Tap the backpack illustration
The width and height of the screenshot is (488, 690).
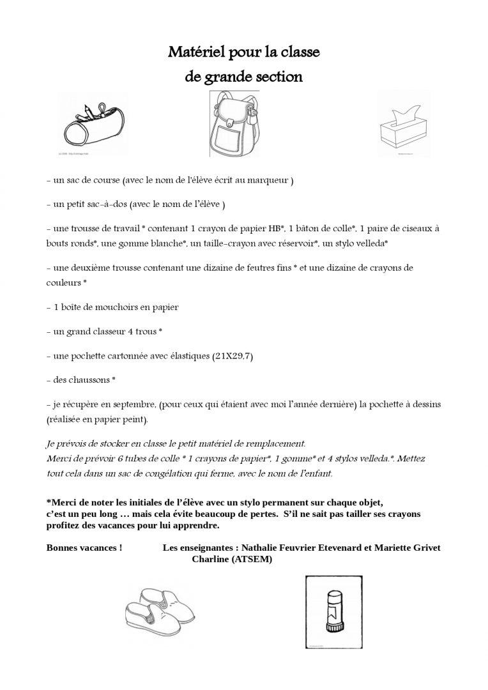click(x=234, y=126)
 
